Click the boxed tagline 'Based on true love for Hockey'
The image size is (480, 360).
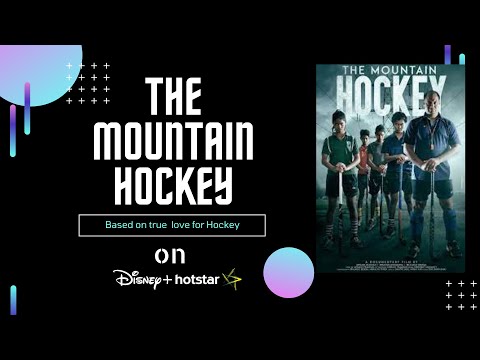coord(172,226)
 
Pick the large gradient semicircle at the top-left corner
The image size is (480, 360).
coord(35,70)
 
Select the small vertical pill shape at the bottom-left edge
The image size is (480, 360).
coord(13,299)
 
